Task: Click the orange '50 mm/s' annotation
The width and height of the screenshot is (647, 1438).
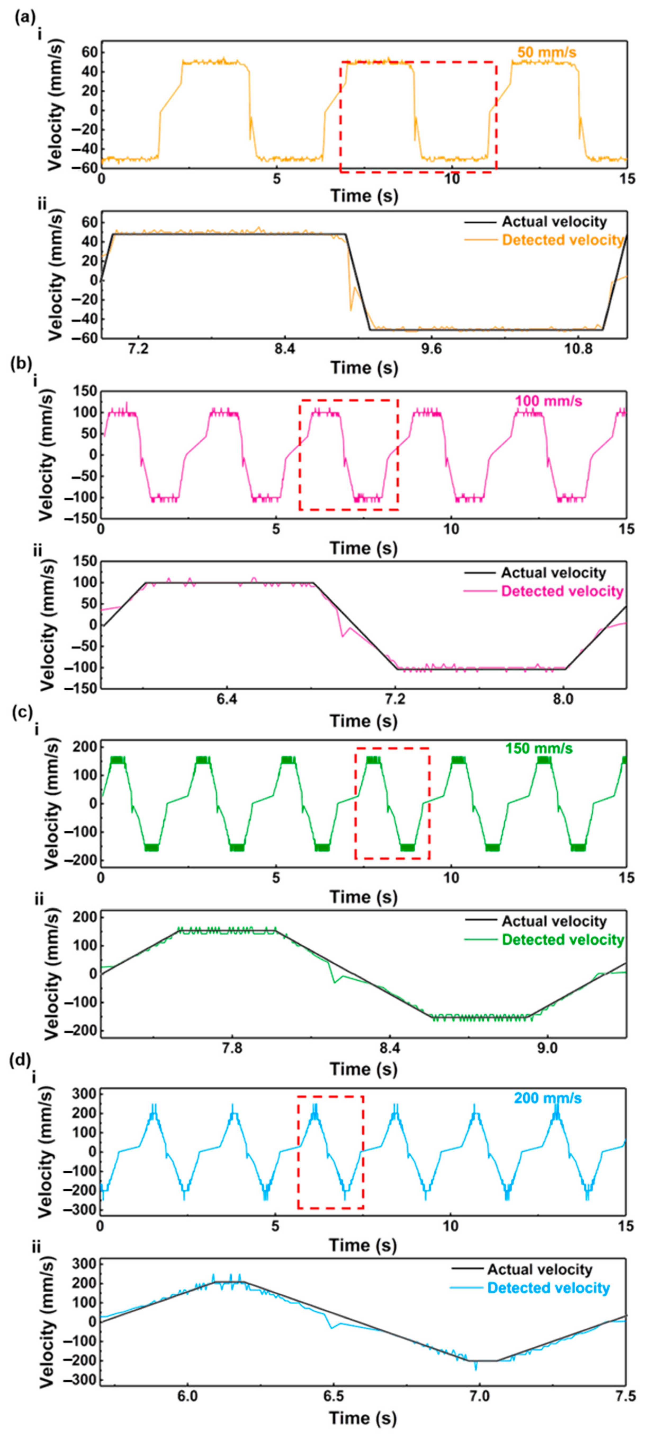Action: click(546, 52)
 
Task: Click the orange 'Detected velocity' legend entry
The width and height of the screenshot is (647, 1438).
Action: click(562, 240)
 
